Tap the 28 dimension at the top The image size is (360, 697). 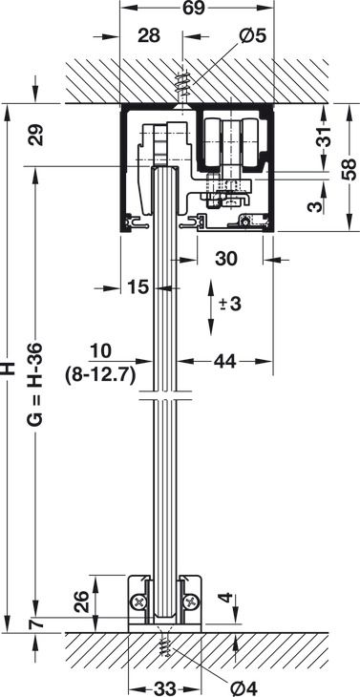[x=149, y=36]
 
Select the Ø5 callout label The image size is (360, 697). [x=252, y=36]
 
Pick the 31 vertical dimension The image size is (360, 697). [x=326, y=137]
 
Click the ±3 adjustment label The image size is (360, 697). [x=230, y=304]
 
